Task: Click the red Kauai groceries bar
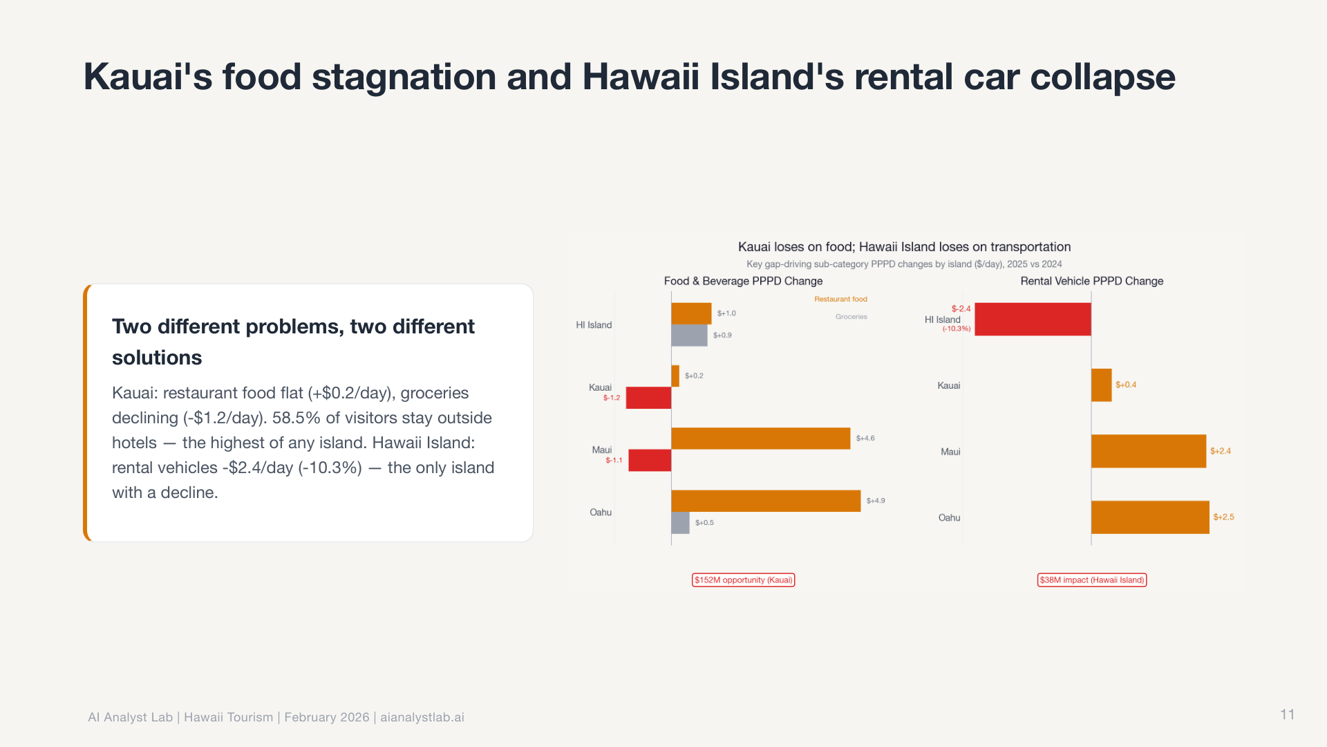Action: point(648,398)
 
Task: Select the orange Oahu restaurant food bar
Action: point(766,501)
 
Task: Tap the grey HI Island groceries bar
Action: point(689,335)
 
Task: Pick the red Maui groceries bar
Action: point(650,460)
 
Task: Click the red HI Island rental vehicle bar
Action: point(1033,319)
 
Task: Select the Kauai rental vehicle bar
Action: point(1101,385)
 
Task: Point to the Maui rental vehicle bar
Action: point(1148,451)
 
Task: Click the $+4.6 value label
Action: point(865,439)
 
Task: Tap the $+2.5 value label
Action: point(1223,517)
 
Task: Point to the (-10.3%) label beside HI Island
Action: point(957,329)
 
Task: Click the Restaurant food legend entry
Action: point(840,299)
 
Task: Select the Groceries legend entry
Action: point(851,317)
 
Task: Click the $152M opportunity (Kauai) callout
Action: point(743,580)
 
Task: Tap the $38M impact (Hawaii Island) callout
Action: point(1091,580)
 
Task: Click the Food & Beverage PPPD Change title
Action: point(743,281)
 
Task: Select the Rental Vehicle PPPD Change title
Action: point(1091,281)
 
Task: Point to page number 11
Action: point(1287,714)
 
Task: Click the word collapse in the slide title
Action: point(1102,77)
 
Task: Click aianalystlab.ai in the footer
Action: point(422,717)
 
